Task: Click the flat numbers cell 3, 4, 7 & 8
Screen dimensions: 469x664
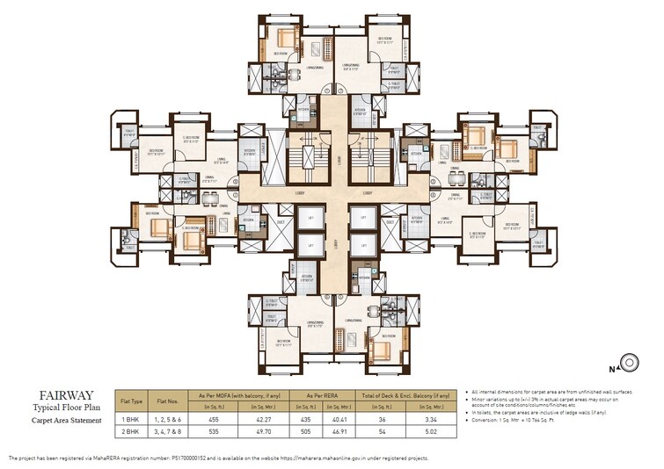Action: coord(171,433)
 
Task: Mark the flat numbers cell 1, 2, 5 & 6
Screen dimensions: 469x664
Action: coord(171,420)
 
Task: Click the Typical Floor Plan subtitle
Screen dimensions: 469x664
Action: coord(56,408)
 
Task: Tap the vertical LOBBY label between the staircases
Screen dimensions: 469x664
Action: coord(339,161)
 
